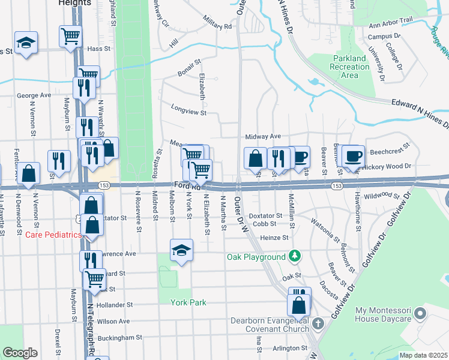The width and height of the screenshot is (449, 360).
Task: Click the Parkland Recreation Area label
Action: [x=350, y=66]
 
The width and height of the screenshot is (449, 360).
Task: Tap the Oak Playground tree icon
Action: [x=294, y=257]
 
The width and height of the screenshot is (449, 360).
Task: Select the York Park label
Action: [x=188, y=302]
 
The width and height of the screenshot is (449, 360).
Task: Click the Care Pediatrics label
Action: [x=53, y=235]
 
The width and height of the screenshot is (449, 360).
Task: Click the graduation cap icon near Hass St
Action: [x=26, y=43]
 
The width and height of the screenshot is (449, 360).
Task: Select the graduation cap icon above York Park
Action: [x=181, y=250]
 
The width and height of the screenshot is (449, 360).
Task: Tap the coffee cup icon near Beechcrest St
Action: [x=354, y=155]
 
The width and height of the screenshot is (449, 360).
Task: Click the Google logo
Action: [x=20, y=353]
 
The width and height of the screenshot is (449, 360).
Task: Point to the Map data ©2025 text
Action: [x=423, y=355]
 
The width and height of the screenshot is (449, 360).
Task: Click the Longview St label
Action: [x=188, y=112]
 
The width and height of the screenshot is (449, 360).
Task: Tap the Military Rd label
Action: [x=217, y=27]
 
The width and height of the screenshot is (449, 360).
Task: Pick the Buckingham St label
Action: [x=119, y=338]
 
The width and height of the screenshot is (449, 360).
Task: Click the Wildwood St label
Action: [x=382, y=196]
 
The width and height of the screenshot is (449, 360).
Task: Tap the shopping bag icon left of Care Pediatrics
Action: [x=28, y=173]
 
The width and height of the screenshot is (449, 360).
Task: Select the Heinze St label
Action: [x=274, y=238]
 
